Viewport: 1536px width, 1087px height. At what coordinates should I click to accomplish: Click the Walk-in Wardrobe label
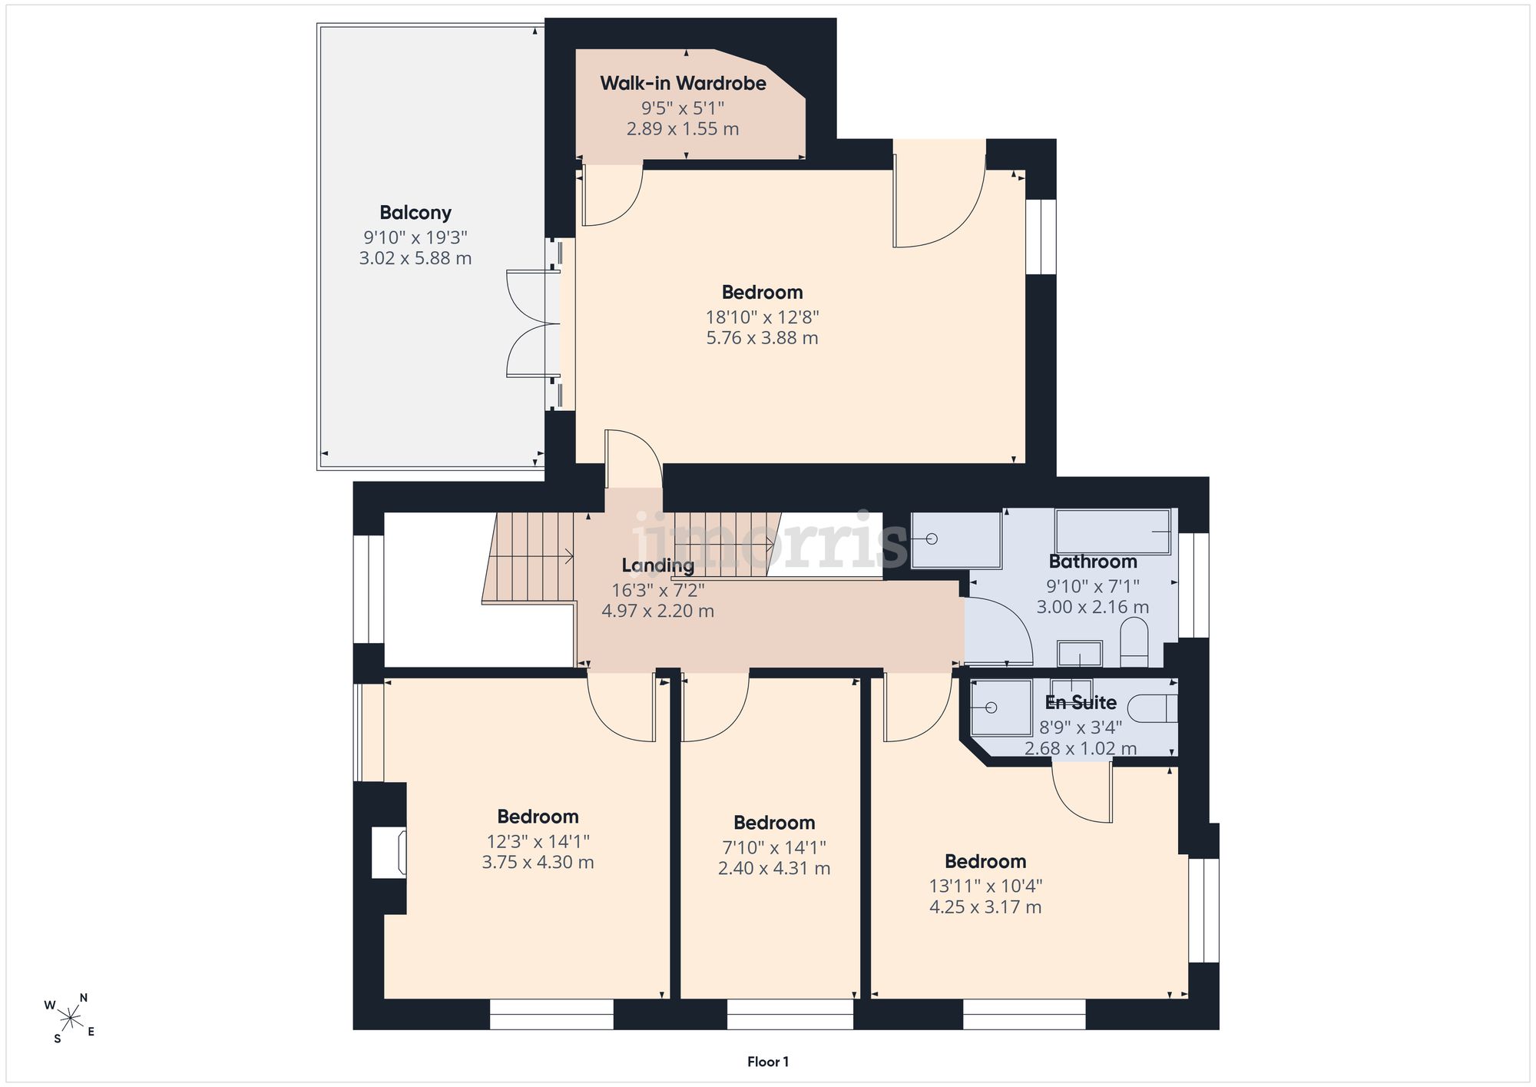tap(683, 83)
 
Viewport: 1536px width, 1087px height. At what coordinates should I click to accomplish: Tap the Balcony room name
tap(415, 213)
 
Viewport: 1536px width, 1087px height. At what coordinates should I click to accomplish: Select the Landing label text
tap(658, 566)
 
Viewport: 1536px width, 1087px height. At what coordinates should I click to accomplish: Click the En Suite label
tap(1081, 702)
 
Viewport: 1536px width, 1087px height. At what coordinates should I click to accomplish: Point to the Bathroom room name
tap(1093, 562)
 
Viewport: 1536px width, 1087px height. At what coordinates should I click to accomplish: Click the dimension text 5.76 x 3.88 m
tap(763, 338)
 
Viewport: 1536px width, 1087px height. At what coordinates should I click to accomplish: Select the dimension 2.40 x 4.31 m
tap(774, 869)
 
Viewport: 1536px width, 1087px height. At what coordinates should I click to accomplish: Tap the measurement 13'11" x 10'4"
tap(985, 886)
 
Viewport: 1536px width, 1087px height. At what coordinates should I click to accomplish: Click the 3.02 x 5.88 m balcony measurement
tap(415, 258)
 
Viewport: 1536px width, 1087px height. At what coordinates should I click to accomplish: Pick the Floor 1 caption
tap(768, 1062)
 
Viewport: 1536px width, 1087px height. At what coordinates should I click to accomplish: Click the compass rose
tap(70, 1019)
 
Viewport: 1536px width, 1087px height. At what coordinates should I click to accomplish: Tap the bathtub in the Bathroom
tap(1113, 532)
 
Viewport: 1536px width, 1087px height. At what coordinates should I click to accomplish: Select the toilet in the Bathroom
tap(1134, 643)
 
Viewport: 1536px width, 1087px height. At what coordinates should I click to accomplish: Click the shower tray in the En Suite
tap(1001, 708)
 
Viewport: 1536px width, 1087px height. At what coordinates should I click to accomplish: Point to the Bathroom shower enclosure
tap(956, 540)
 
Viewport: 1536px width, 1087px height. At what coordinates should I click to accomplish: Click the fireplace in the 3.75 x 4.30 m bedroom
tap(389, 852)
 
